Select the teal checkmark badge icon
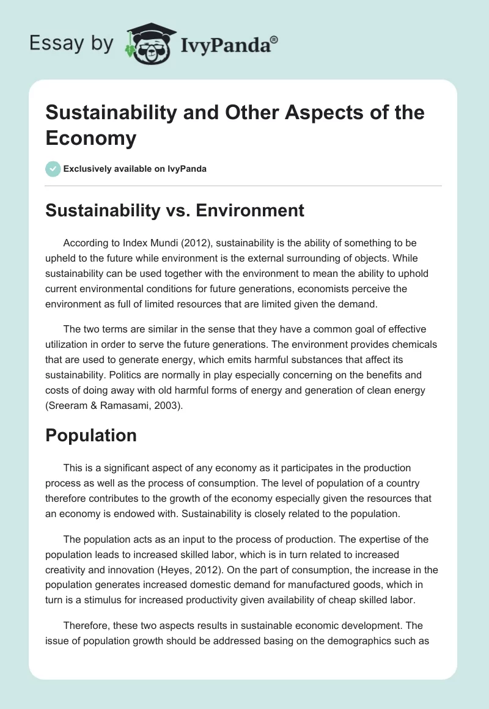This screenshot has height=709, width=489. (x=53, y=169)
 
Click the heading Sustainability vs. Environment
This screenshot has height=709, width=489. (x=175, y=210)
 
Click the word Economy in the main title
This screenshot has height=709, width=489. (x=91, y=139)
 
